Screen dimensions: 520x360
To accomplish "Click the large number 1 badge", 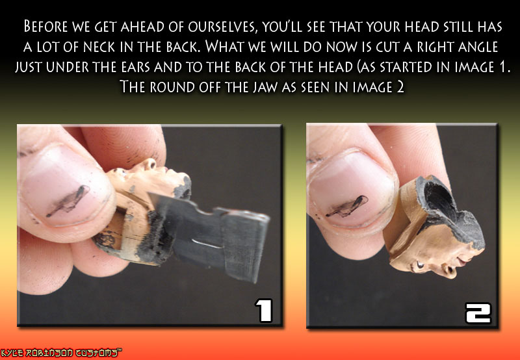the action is click(264, 310).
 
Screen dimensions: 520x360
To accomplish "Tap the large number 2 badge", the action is click(478, 313).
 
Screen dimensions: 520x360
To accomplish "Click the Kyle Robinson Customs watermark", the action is click(61, 353).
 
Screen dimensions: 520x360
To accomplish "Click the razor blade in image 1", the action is click(213, 232).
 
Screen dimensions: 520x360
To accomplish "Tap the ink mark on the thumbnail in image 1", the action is click(68, 200).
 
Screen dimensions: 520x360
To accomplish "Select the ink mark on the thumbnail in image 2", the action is click(347, 206).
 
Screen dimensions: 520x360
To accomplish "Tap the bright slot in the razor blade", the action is click(207, 244).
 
